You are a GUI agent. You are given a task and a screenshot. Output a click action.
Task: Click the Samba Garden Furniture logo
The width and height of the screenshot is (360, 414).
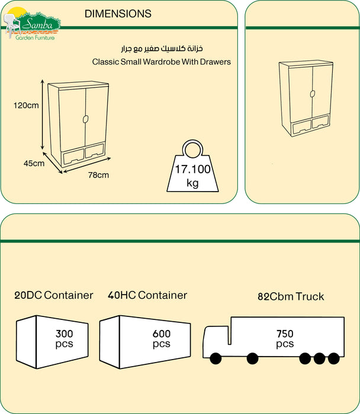pos(33,24)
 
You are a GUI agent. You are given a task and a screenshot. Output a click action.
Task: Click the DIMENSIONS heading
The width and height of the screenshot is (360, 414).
pos(118,14)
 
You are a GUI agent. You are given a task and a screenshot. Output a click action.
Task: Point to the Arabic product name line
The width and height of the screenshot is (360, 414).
pos(162,48)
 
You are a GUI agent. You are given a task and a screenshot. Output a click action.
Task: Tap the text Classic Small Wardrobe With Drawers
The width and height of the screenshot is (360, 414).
pos(162,61)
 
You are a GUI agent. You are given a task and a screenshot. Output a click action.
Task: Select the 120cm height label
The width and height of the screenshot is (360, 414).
pos(26,105)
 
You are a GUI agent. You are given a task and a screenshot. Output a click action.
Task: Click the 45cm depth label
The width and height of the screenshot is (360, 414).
pos(34,163)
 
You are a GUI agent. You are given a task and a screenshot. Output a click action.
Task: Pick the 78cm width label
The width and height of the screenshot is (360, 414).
pos(98,174)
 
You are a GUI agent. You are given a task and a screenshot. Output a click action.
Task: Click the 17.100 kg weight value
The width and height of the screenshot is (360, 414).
pos(192,169)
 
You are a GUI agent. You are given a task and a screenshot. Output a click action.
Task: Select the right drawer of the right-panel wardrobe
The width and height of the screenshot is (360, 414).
pos(320,124)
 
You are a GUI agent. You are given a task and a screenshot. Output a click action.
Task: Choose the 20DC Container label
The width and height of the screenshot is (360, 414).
pos(54,295)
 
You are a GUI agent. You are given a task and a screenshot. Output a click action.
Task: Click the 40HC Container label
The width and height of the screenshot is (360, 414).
pos(147,295)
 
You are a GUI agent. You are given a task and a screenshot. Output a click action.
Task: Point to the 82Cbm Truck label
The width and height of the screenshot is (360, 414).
pos(291,296)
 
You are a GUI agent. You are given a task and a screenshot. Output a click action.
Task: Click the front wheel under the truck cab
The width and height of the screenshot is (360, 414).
pos(215,358)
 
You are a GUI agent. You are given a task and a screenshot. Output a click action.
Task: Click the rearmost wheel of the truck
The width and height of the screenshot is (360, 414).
pos(334,358)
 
